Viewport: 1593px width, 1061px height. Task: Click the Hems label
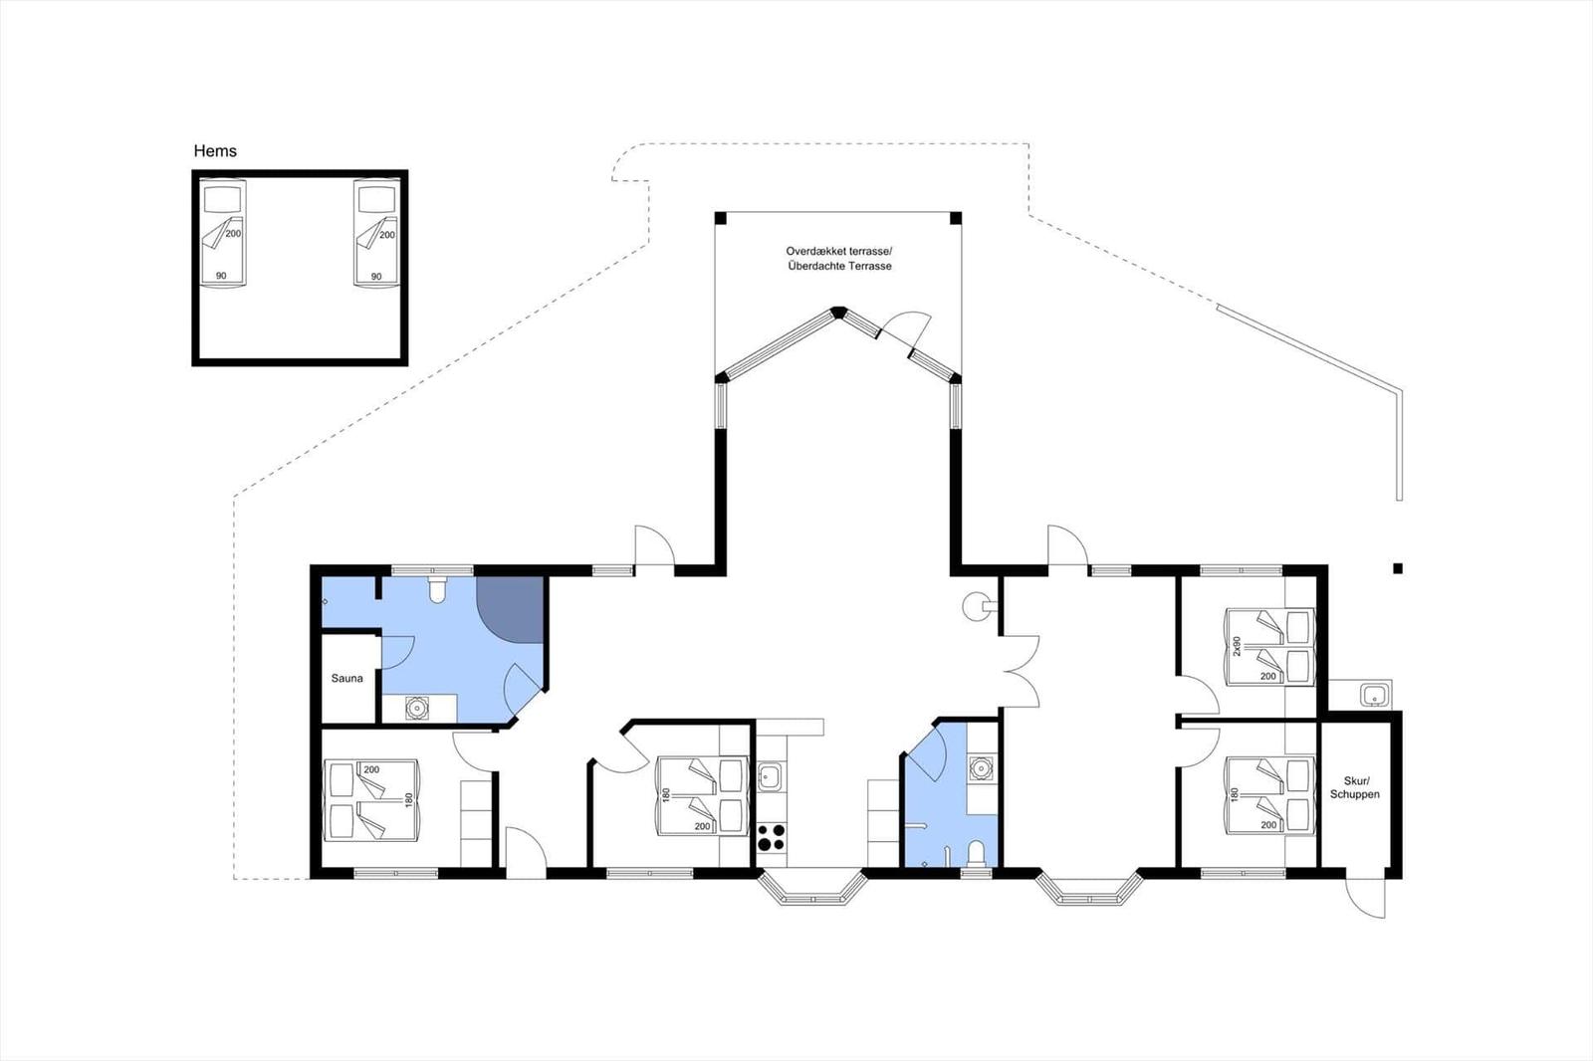(x=215, y=150)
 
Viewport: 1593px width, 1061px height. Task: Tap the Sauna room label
(x=347, y=679)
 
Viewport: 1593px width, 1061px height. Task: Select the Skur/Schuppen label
(x=1355, y=787)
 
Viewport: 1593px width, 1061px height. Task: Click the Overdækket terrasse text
(x=838, y=251)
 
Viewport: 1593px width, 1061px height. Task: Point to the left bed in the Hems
(x=223, y=233)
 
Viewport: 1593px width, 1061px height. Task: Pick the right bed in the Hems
(x=377, y=233)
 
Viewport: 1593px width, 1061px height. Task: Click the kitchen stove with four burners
(x=771, y=837)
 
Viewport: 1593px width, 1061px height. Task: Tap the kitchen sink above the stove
(x=771, y=776)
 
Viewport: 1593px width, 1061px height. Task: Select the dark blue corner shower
(x=510, y=609)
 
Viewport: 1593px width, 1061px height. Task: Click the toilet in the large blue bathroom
(x=437, y=589)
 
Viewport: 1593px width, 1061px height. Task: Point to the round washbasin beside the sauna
(x=417, y=708)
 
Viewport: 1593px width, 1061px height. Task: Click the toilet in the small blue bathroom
(x=977, y=853)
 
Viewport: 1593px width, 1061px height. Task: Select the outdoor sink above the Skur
(x=1375, y=695)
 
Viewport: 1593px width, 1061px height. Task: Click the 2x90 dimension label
(x=1236, y=646)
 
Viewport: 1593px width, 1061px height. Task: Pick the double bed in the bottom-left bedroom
(x=370, y=800)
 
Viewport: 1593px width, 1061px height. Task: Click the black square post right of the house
(x=1398, y=568)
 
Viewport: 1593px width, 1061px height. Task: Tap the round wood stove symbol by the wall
(x=977, y=606)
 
